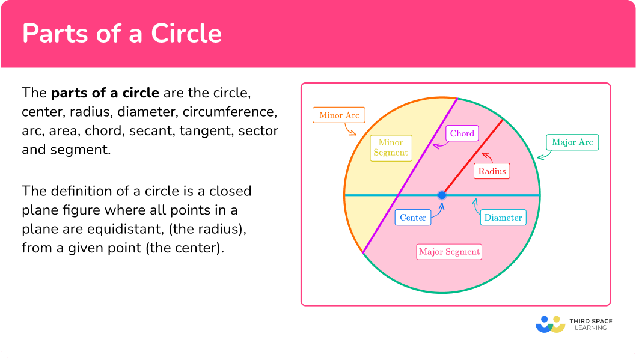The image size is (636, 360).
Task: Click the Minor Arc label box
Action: (x=339, y=115)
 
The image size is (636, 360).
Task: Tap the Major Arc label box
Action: (x=572, y=142)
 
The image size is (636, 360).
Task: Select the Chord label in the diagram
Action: (x=462, y=133)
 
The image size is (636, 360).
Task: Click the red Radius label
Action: (x=492, y=171)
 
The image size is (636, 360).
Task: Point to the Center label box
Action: (x=413, y=218)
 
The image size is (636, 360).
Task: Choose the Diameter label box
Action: (x=503, y=218)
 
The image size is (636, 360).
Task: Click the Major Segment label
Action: (x=450, y=252)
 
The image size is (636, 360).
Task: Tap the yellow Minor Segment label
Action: (x=391, y=148)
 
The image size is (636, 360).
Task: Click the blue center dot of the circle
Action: (x=442, y=195)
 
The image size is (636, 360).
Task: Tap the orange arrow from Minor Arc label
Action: (x=349, y=129)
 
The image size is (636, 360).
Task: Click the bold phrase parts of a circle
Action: (x=105, y=93)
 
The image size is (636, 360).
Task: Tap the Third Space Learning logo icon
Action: (x=550, y=325)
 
